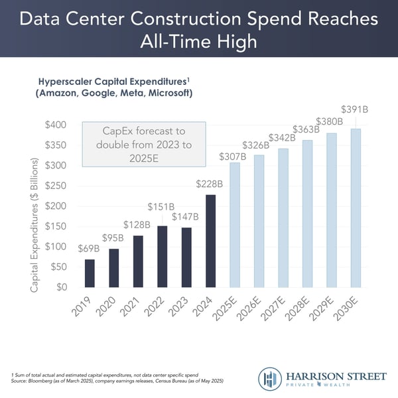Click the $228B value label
click(209, 183)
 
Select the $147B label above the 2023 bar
click(186, 216)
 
